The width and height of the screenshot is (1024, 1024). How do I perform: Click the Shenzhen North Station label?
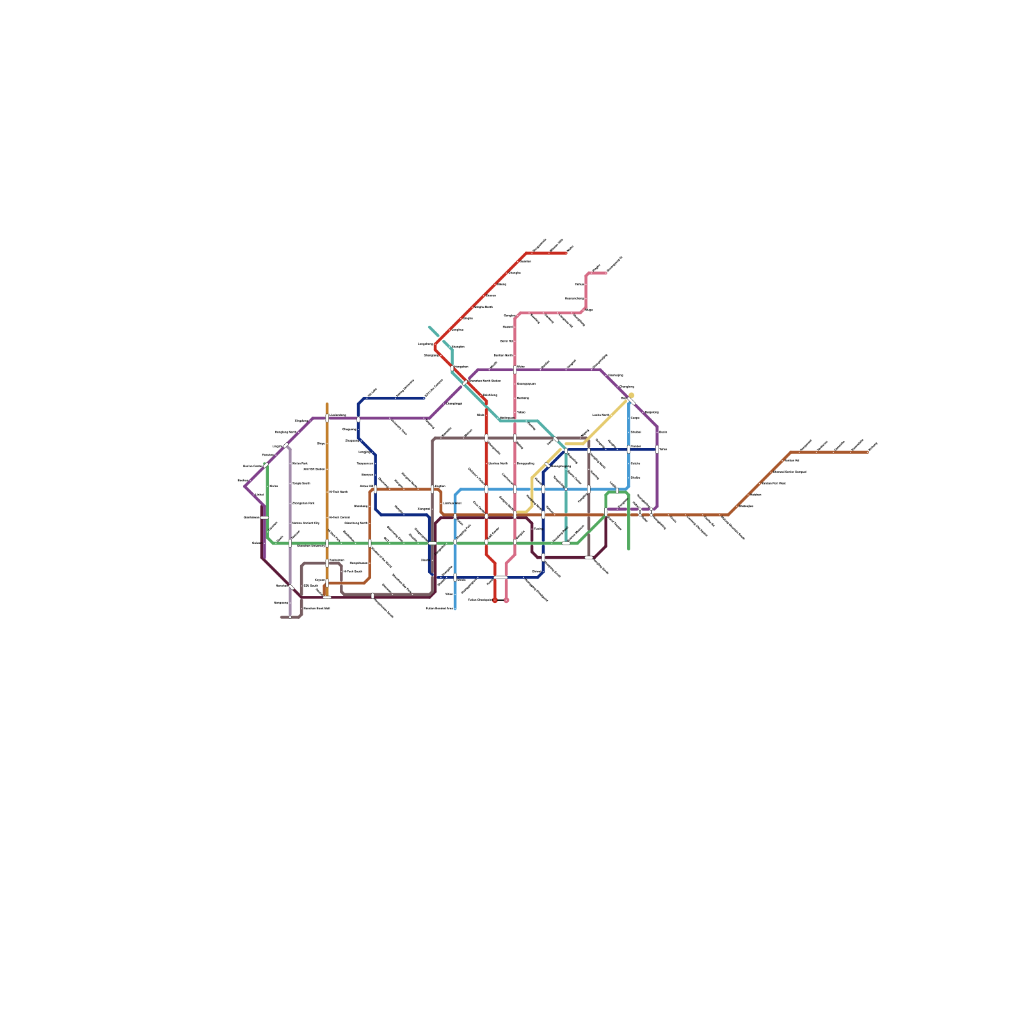pos(486,381)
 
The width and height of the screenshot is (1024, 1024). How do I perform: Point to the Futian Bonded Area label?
pos(439,609)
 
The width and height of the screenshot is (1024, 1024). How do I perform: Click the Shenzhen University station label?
pos(310,547)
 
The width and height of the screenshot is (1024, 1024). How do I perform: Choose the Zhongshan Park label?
pos(303,504)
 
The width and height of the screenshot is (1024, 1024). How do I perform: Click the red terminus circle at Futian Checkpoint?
pos(495,600)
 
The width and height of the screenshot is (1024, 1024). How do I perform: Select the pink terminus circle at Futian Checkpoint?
pos(506,600)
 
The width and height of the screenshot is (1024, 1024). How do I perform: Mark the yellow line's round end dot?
pos(631,396)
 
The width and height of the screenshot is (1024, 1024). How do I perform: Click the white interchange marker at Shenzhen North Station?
pos(465,383)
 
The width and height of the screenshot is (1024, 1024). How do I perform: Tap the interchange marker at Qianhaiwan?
pos(264,517)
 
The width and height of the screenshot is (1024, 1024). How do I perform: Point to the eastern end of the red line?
pos(566,253)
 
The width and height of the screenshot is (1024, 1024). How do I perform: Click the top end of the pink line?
pos(606,273)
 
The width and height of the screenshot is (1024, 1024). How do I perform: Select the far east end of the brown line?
pos(868,452)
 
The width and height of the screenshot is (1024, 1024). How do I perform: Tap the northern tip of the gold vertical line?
pos(327,404)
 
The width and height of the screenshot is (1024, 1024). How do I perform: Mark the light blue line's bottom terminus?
pos(455,609)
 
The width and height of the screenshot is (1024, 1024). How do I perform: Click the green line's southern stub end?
pos(628,549)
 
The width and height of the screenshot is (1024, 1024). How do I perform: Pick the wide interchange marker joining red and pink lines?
pos(500,577)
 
